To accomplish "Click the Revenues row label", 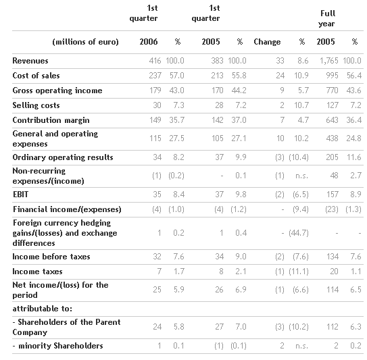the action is click(x=30, y=61).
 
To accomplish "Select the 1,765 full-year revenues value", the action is click(x=329, y=61).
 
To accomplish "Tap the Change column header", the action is click(x=267, y=42).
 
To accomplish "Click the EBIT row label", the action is click(x=20, y=195).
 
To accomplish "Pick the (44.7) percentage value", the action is click(x=299, y=233).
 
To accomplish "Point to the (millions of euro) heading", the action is click(x=85, y=42).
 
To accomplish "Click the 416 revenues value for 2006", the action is click(x=155, y=61).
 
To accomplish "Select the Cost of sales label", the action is click(x=36, y=76).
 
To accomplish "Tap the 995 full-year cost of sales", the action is click(x=332, y=76).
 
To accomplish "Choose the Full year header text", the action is click(x=327, y=18).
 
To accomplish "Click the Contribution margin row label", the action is click(x=51, y=120).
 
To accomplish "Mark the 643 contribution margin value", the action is click(x=332, y=120).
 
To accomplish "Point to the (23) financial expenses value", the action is click(x=332, y=209).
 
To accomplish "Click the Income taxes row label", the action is click(x=37, y=272).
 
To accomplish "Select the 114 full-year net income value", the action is click(x=333, y=290).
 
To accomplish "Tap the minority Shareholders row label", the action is click(x=58, y=346).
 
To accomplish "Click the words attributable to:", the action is click(x=43, y=309).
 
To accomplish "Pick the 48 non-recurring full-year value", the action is click(x=334, y=176).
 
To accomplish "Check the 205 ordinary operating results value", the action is click(x=332, y=157).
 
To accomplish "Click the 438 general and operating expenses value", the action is click(x=332, y=138).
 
